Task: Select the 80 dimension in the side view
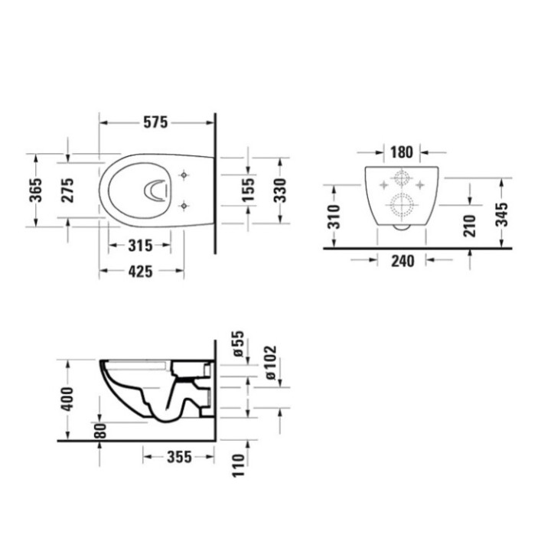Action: [100, 429]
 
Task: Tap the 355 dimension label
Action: [178, 457]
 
